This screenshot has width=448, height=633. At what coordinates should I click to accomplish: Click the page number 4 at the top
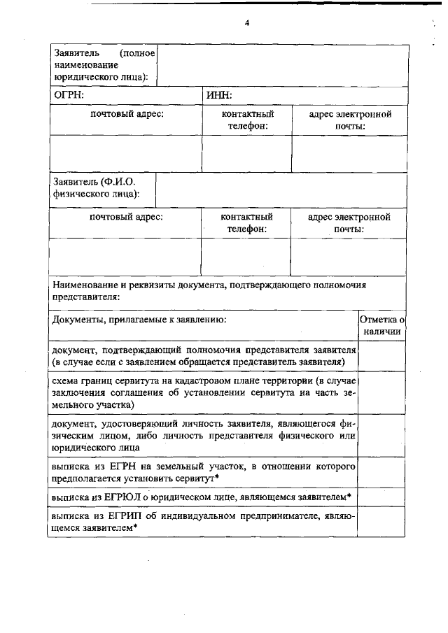(246, 22)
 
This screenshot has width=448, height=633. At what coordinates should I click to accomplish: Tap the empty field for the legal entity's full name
(282, 65)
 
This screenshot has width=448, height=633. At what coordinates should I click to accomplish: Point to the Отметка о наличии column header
(381, 325)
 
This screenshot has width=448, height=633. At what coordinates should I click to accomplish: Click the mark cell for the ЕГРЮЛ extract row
(381, 497)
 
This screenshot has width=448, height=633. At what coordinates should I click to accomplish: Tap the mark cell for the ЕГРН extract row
(381, 472)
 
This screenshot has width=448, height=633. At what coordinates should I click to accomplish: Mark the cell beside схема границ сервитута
(381, 392)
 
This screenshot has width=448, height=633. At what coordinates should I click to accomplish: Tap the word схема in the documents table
(66, 380)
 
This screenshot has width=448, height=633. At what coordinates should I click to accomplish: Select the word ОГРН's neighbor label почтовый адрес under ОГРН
(127, 114)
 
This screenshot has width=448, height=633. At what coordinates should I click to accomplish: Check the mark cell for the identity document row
(381, 434)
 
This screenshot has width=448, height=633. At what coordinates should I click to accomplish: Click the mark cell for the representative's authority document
(381, 356)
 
